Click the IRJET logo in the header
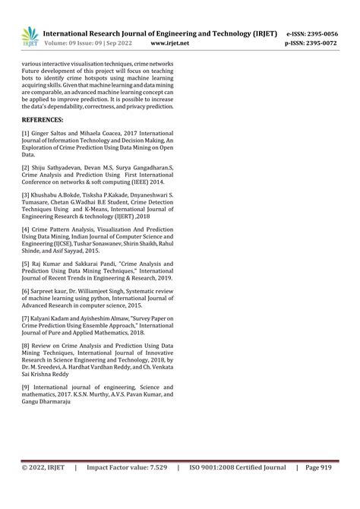click(30, 36)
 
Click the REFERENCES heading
click(43, 120)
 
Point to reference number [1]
click(27, 133)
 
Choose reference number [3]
click(27, 196)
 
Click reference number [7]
click(27, 315)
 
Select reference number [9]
click(27, 387)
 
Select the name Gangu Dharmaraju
click(46, 401)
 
